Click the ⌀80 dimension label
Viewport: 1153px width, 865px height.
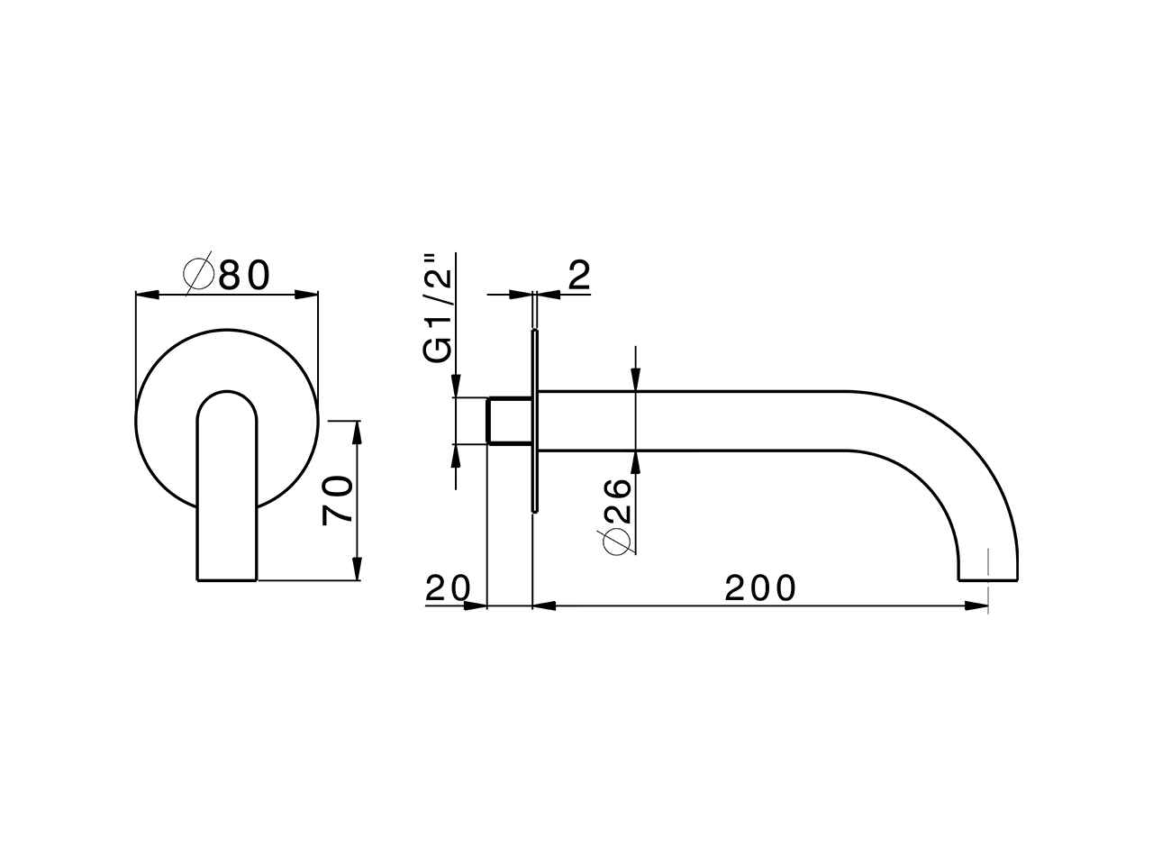pyautogui.click(x=227, y=275)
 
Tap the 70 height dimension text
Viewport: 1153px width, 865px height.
pyautogui.click(x=338, y=501)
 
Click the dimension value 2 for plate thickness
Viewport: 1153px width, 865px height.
pyautogui.click(x=579, y=276)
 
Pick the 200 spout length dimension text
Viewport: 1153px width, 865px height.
pyautogui.click(x=761, y=588)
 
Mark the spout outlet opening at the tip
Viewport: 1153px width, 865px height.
pyautogui.click(x=987, y=579)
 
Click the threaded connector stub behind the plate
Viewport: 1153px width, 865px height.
pyautogui.click(x=508, y=420)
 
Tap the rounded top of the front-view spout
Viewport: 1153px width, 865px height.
pyautogui.click(x=226, y=396)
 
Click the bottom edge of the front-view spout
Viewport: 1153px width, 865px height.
pyautogui.click(x=226, y=580)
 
